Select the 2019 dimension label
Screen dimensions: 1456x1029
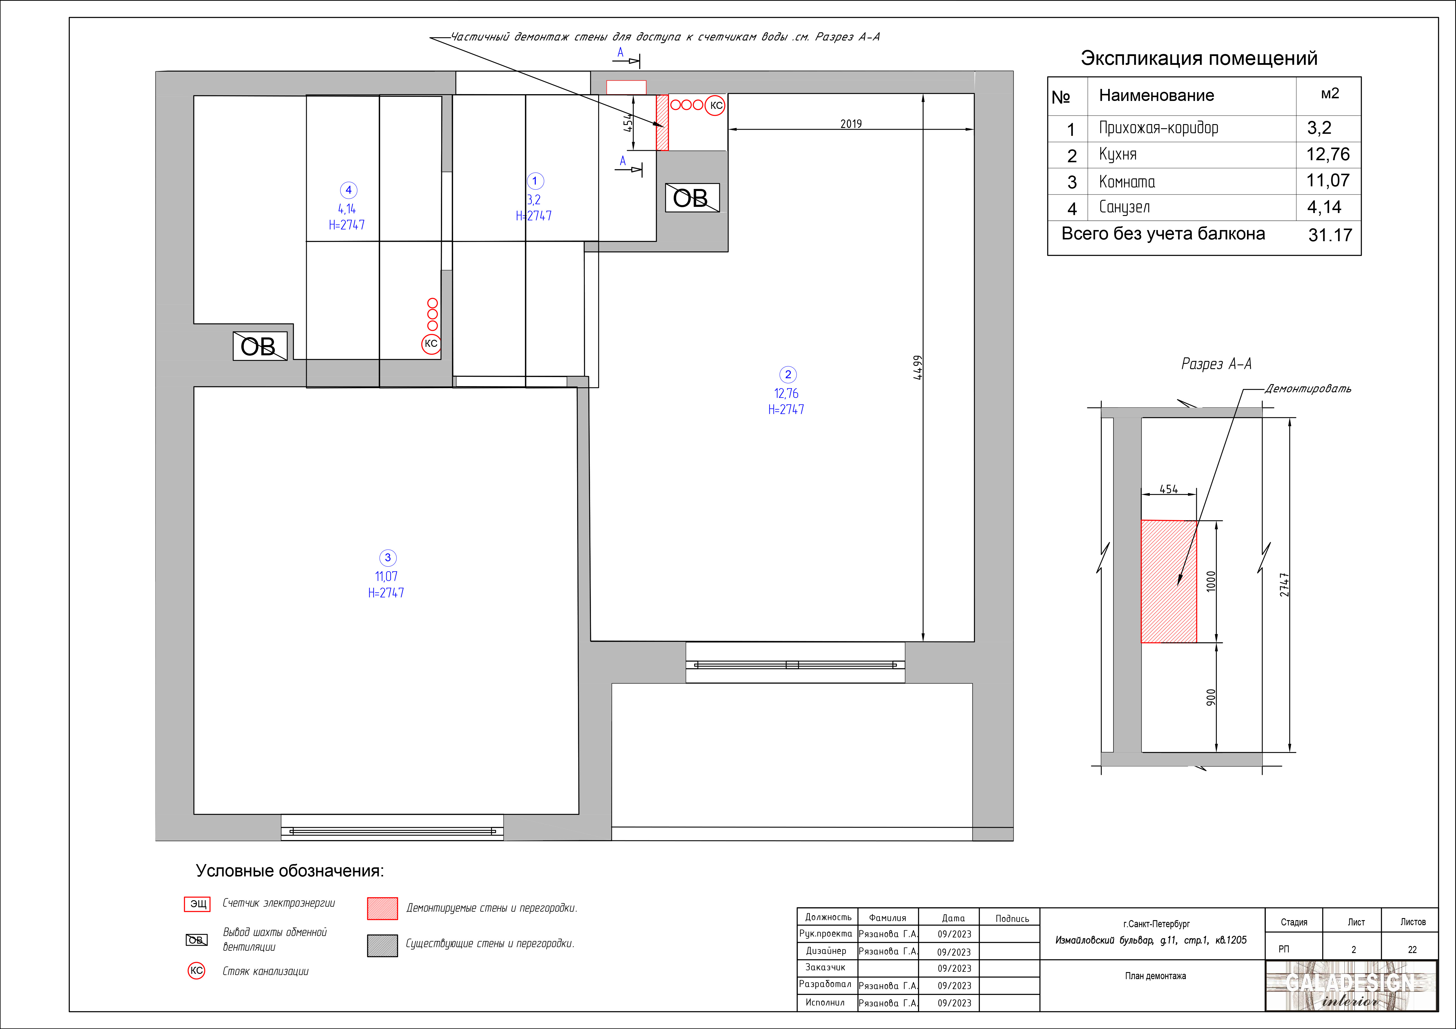pyautogui.click(x=851, y=124)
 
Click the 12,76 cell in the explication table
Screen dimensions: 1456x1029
pyautogui.click(x=1328, y=154)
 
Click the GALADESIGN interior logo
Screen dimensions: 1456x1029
pyautogui.click(x=1351, y=986)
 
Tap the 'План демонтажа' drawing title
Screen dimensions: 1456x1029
pyautogui.click(x=1155, y=976)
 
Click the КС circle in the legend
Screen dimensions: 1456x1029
pyautogui.click(x=197, y=971)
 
